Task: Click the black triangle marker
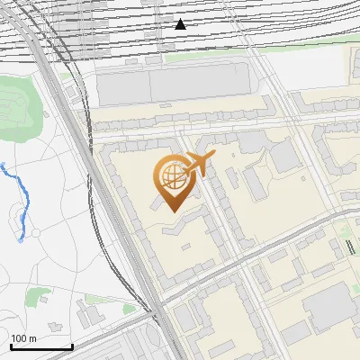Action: [x=181, y=24]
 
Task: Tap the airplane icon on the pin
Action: [x=198, y=165]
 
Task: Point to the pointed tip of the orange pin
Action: [x=173, y=211]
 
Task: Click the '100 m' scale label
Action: [x=23, y=337]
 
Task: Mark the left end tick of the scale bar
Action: [x=10, y=346]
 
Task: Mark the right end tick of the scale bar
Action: [x=72, y=346]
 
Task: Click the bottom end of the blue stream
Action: [x=21, y=240]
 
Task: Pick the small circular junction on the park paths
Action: [x=33, y=233]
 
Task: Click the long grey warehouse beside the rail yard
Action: [x=171, y=85]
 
